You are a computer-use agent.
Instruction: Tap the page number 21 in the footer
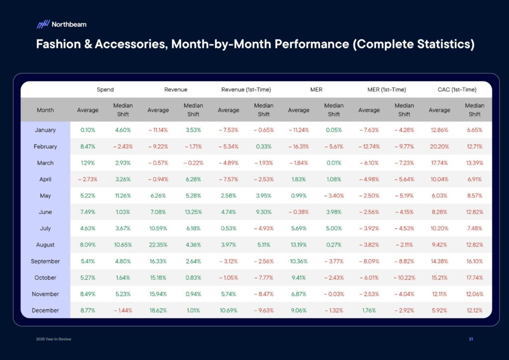click(x=471, y=339)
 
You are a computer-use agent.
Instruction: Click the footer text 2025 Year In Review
click(x=55, y=339)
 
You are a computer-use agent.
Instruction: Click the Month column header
click(x=45, y=110)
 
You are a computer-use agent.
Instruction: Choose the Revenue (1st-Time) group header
click(x=246, y=90)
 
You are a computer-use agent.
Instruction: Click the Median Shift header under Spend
click(x=123, y=110)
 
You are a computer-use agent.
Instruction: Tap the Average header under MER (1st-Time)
click(x=369, y=110)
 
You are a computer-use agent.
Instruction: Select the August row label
click(x=45, y=245)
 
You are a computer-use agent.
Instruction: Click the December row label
click(x=45, y=310)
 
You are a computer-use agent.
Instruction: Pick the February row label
click(x=45, y=146)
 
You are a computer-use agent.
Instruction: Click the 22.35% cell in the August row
click(x=158, y=245)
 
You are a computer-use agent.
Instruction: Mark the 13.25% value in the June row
click(x=193, y=212)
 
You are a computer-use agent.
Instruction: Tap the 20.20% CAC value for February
click(x=439, y=146)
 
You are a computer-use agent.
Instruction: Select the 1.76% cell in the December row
click(x=369, y=310)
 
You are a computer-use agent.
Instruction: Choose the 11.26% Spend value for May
click(x=123, y=195)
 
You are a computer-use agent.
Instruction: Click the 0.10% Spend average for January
click(x=87, y=130)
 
